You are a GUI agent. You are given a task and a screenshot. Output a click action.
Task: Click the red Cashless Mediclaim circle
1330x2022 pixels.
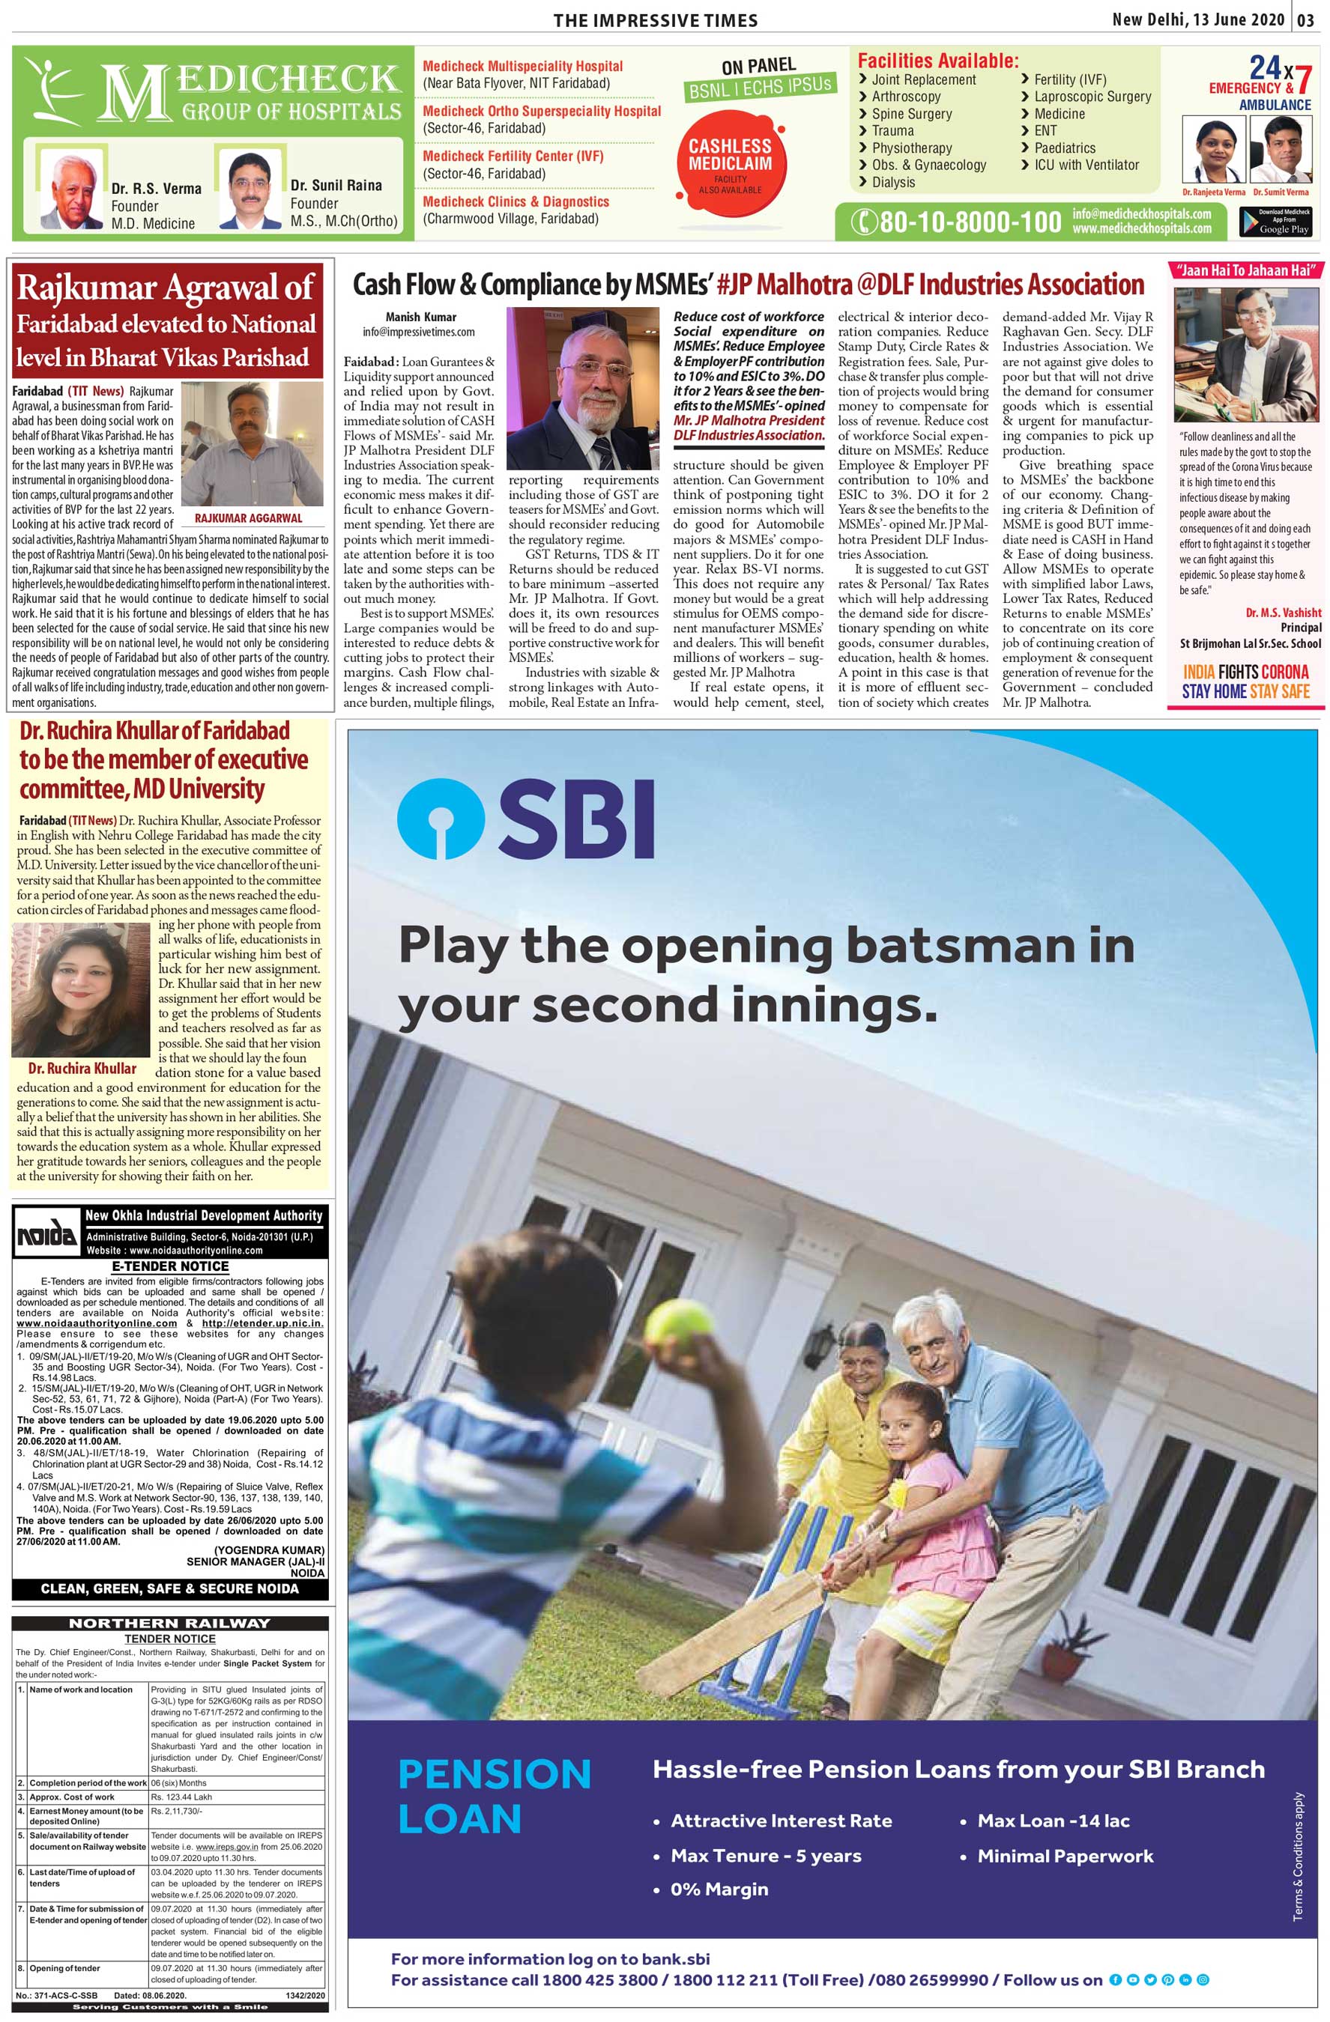pyautogui.click(x=730, y=164)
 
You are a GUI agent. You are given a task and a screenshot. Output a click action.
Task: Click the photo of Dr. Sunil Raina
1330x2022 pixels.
pyautogui.click(x=249, y=191)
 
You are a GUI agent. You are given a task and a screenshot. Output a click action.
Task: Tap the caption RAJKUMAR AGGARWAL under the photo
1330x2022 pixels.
pyautogui.click(x=248, y=517)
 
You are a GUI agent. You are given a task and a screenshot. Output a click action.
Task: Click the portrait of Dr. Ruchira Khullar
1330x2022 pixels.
pyautogui.click(x=82, y=991)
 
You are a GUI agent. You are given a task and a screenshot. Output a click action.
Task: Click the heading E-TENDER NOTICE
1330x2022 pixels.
pyautogui.click(x=170, y=1266)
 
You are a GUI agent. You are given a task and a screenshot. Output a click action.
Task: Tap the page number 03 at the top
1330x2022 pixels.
pyautogui.click(x=1305, y=19)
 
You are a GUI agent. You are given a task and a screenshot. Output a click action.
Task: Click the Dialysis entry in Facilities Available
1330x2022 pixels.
pyautogui.click(x=893, y=182)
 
